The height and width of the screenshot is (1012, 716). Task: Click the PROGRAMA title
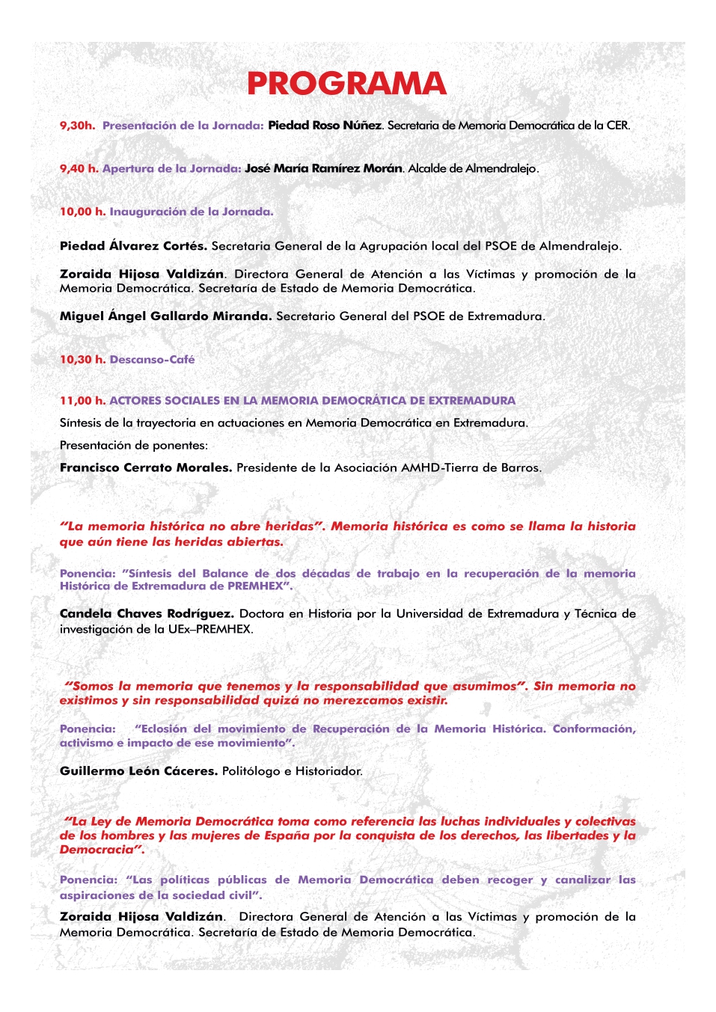[x=346, y=84]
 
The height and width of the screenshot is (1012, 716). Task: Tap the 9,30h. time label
[x=77, y=126]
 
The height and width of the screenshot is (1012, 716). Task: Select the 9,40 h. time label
[x=79, y=169]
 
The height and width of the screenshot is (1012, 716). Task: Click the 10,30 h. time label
[x=82, y=360]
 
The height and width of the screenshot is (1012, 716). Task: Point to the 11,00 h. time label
[x=82, y=401]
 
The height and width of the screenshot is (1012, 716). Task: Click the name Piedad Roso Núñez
[x=325, y=126]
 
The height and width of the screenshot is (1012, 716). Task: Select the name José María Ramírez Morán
[x=323, y=169]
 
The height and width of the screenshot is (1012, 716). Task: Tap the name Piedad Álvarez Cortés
[x=133, y=246]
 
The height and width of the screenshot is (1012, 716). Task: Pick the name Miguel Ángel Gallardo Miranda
[x=165, y=316]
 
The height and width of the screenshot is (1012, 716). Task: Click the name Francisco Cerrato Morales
[x=146, y=468]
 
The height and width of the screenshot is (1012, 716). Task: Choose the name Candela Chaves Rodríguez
[x=147, y=614]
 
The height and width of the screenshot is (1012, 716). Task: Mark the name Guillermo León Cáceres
[x=138, y=771]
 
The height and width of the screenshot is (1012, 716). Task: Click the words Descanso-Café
[x=152, y=360]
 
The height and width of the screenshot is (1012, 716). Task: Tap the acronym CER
[x=618, y=126]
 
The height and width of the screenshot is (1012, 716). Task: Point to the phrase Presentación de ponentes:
[x=134, y=446]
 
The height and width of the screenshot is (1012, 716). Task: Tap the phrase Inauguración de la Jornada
[x=192, y=212]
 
